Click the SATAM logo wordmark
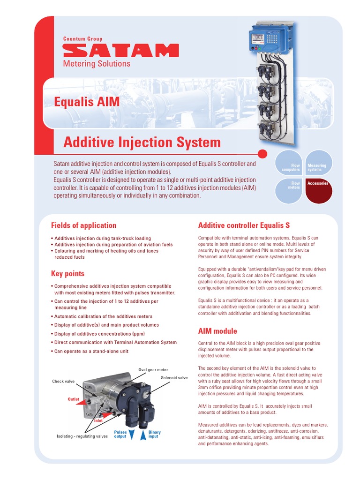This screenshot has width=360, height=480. pos(120,51)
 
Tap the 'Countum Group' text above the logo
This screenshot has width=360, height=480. pos(82,39)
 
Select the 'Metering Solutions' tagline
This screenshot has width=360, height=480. pos(97,64)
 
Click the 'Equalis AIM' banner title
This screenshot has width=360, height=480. pos(87,102)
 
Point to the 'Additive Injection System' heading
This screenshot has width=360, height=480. pos(142,142)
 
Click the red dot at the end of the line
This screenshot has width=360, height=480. pos(262,153)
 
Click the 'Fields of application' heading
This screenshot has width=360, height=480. pos(83,225)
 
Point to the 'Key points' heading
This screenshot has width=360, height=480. pos(67,273)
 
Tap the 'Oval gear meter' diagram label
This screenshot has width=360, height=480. pos(153,370)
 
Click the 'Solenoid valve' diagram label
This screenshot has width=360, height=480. pos(174,377)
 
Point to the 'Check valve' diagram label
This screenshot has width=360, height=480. pos(63,382)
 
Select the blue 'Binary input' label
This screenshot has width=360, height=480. pos(154,434)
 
